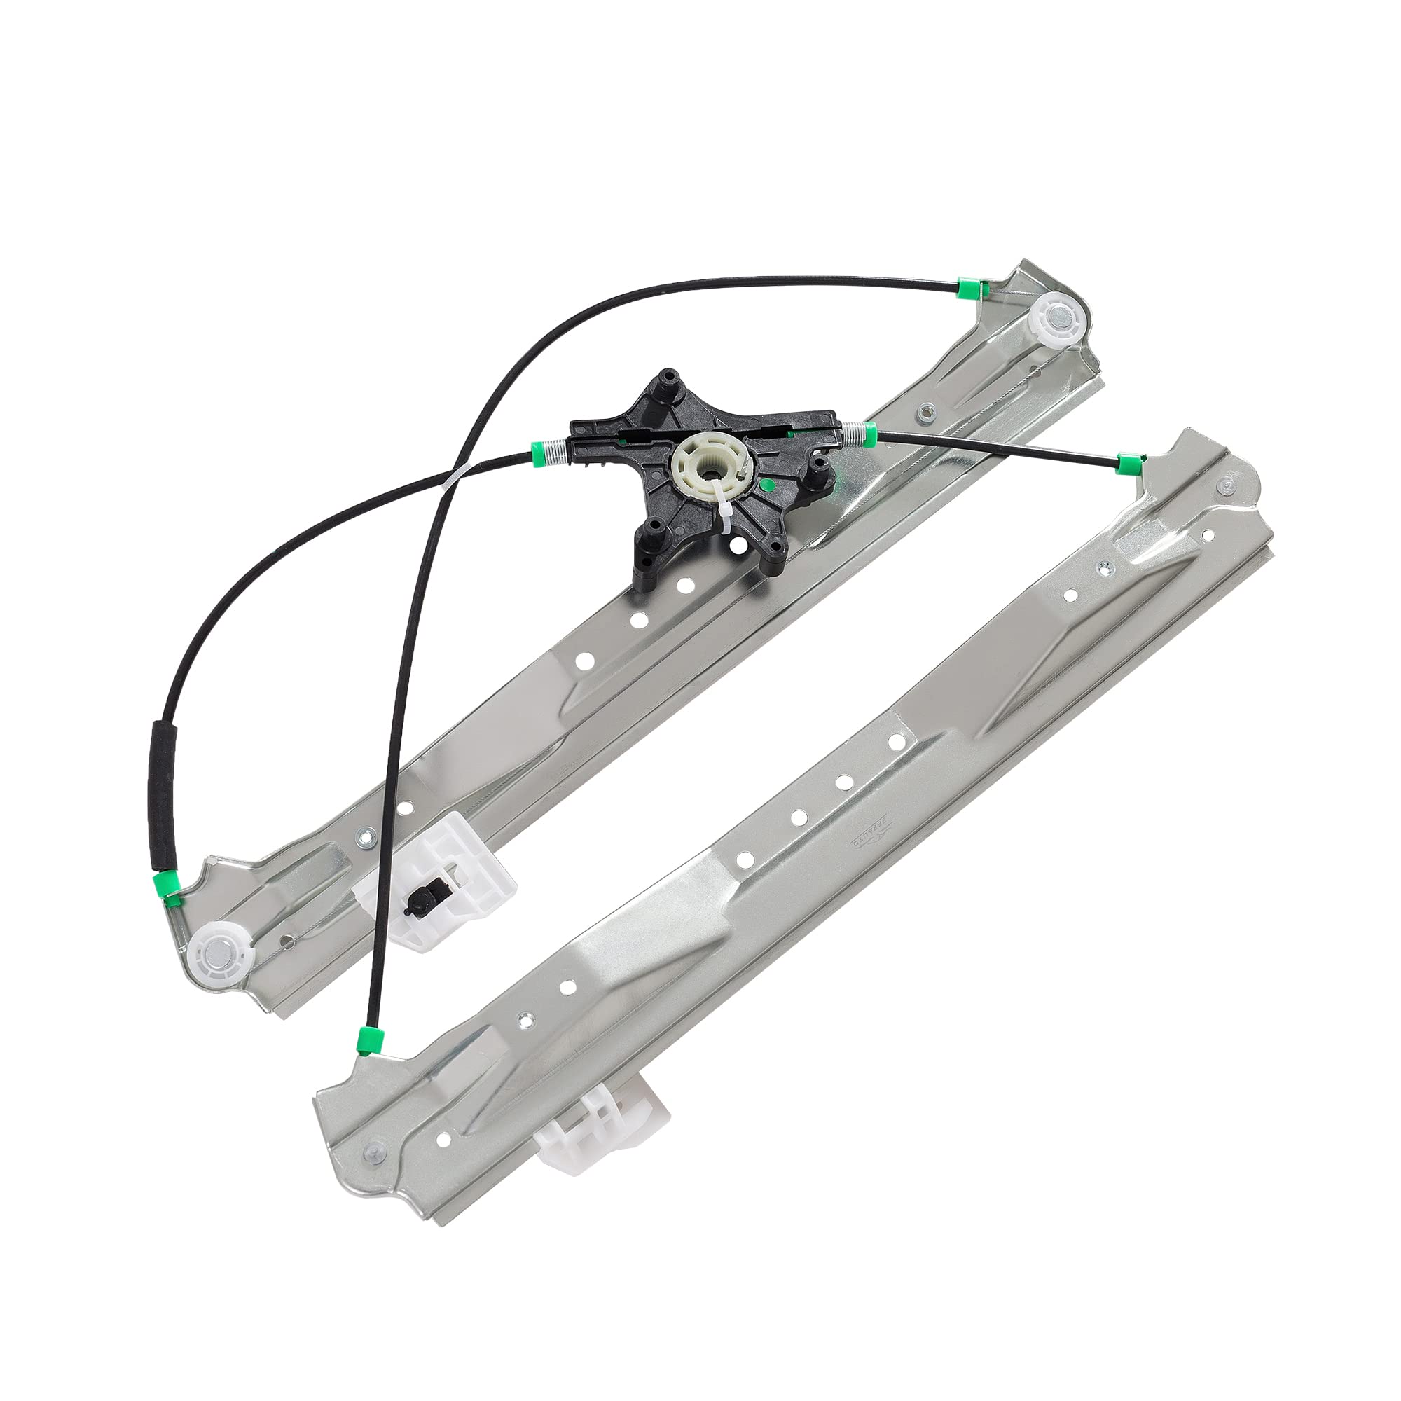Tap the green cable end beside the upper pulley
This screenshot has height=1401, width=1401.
pos(967,289)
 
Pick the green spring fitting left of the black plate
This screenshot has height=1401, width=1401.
pos(540,453)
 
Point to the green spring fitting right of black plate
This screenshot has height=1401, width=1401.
pos(869,435)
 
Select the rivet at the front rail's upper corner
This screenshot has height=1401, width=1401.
pos(1225,486)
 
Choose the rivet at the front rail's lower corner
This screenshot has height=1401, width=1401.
pos(373,1150)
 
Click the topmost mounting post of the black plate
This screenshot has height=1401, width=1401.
pos(665,382)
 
